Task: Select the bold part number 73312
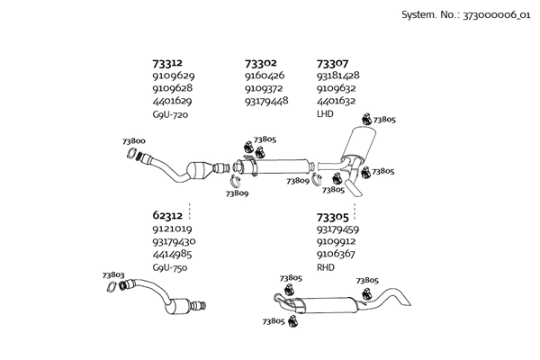168,63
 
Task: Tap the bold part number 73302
260,63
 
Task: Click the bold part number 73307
332,63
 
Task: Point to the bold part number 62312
168,216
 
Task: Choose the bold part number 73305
332,216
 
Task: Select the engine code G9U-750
171,267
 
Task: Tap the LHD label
326,114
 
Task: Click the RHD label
326,267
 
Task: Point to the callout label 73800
134,141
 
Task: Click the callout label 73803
113,274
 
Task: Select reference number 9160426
265,76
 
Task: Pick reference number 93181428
338,76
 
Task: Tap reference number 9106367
337,255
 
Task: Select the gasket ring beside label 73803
112,288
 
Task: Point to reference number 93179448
266,102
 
